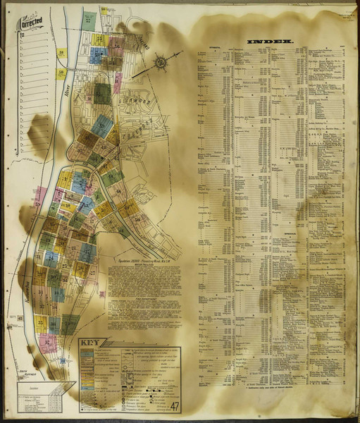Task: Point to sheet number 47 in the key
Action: (x=173, y=405)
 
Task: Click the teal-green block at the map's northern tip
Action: (x=89, y=20)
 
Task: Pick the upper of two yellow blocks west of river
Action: (x=61, y=53)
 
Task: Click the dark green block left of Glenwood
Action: (x=102, y=94)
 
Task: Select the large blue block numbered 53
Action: (x=103, y=127)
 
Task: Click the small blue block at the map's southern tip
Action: (x=62, y=361)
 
